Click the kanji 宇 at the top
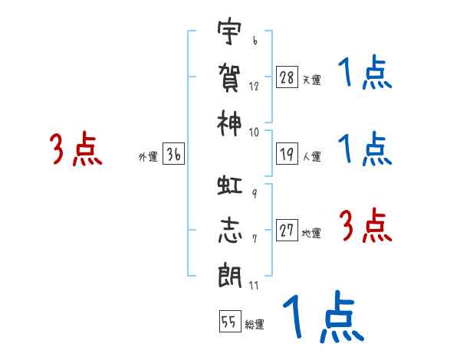tap(229, 31)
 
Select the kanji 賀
tap(229, 77)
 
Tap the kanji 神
tap(229, 123)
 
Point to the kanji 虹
tap(230, 185)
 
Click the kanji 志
tap(230, 230)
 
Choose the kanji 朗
tap(230, 276)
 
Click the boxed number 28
tap(287, 77)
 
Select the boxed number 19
tap(287, 154)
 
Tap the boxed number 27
tap(287, 230)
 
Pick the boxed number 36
tap(173, 154)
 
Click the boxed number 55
tap(230, 321)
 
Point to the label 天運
tap(311, 80)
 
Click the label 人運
tap(311, 156)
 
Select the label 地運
tap(311, 234)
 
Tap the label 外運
tap(148, 157)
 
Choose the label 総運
tap(255, 325)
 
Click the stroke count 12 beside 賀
tap(254, 87)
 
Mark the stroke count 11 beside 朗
tap(254, 285)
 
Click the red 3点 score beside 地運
tap(366, 225)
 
